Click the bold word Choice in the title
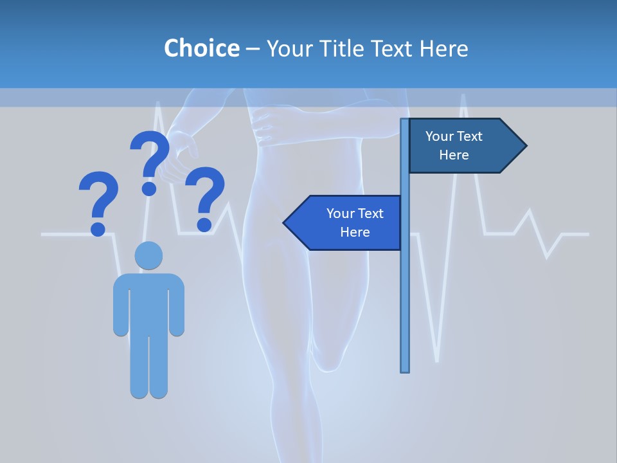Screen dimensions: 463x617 201,48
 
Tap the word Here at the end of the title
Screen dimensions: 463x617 443,48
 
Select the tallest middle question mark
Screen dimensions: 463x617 150,161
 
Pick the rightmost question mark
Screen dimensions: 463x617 205,198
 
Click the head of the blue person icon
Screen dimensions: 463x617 148,255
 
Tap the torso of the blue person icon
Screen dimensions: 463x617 148,302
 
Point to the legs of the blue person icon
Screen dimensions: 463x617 148,367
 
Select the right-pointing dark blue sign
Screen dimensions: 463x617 463,146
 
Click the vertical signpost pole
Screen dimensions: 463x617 405,289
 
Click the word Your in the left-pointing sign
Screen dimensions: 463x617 340,213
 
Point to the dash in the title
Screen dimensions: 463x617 253,49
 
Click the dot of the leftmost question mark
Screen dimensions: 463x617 98,228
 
